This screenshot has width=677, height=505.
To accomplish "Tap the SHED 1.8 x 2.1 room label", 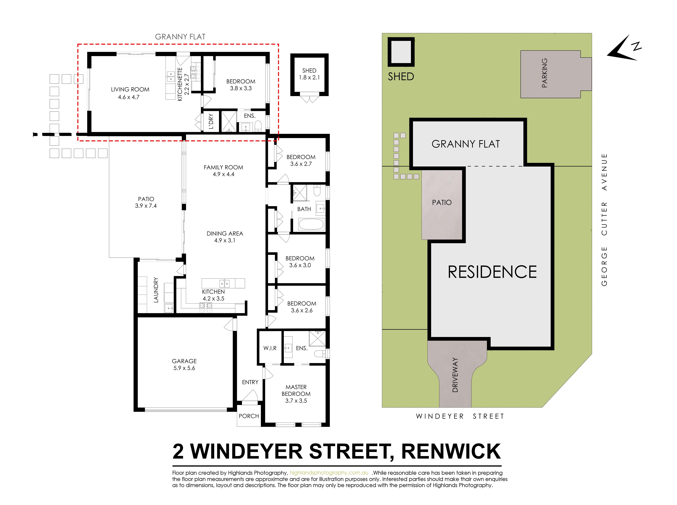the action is [309, 74].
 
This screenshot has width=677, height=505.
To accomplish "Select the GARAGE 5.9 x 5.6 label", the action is [184, 364].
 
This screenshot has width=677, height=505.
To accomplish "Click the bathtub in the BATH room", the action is [311, 224].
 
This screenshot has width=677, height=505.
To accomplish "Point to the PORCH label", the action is [249, 416].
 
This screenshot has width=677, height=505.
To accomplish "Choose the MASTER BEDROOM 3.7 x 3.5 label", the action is [296, 394].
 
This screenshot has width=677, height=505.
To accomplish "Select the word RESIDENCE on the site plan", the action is [492, 272].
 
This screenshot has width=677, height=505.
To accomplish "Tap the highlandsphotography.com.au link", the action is [329, 473].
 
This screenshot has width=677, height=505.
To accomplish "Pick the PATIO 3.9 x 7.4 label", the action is [146, 202].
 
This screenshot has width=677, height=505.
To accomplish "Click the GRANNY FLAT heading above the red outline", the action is [180, 37].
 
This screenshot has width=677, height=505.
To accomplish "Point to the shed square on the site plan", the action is [401, 52].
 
